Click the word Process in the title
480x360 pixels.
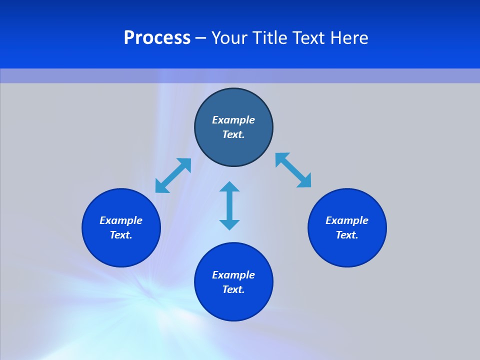pos(157,38)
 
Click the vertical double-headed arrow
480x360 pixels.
pos(229,205)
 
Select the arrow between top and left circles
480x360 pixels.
pos(173,175)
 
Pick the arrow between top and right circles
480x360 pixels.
pos(293,170)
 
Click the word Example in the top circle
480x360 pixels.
pos(233,120)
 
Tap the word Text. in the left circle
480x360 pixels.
pos(121,235)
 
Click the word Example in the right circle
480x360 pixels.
pos(347,220)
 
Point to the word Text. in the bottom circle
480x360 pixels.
pos(233,289)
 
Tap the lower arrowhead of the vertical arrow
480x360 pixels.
pos(229,224)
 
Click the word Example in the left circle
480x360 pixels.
pos(121,220)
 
